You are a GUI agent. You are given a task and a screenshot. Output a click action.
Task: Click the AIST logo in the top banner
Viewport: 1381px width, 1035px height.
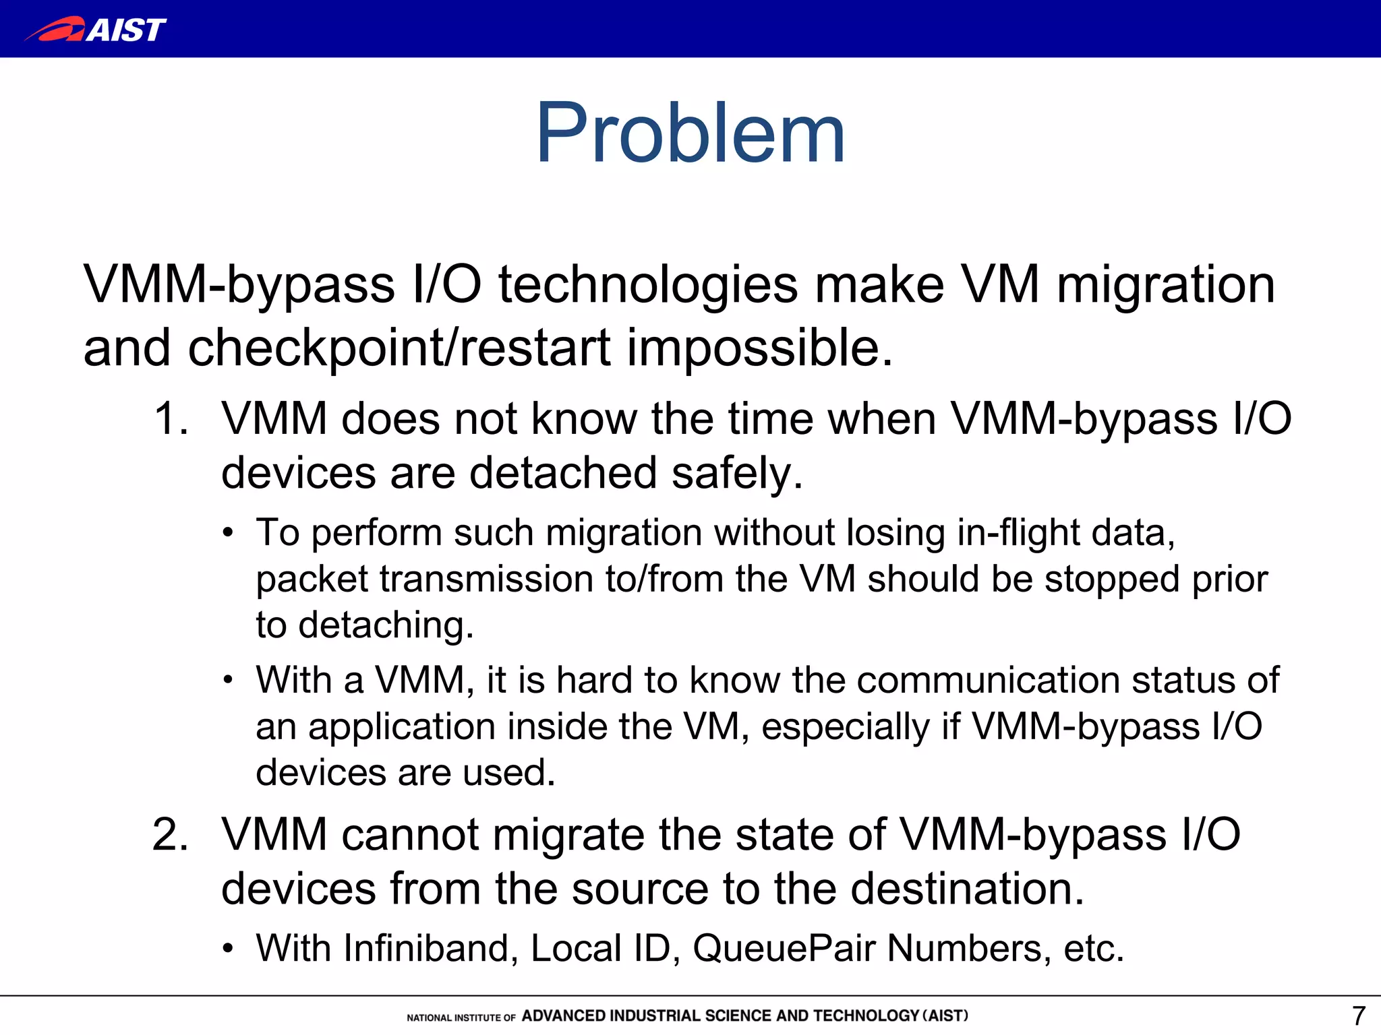96,29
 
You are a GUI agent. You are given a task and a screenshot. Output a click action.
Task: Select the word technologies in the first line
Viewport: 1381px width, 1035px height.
648,285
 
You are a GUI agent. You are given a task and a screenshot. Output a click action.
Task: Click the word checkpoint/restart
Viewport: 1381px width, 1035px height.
399,348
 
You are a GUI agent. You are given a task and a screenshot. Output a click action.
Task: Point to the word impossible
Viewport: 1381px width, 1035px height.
760,348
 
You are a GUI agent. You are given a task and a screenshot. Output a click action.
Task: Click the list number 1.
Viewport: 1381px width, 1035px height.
170,419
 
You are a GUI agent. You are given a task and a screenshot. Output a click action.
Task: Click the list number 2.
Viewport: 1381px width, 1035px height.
170,835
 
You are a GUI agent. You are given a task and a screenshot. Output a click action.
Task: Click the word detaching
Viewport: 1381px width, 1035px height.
386,625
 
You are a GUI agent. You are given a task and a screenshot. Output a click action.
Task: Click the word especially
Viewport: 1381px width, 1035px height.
845,726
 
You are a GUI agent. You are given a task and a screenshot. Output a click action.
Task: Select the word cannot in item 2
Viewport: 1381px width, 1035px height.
410,835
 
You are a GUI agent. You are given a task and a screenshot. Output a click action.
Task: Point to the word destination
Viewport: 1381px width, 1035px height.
967,889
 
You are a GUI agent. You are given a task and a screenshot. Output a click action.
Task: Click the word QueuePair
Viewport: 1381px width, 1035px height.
784,949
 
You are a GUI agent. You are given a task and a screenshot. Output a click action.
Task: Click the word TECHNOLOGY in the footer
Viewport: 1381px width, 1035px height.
866,1015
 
